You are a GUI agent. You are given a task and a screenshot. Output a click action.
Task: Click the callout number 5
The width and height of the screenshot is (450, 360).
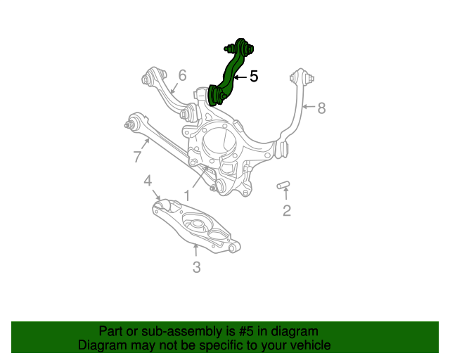tap(254, 77)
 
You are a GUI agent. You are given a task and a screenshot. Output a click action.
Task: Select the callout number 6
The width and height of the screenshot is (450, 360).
tap(182, 75)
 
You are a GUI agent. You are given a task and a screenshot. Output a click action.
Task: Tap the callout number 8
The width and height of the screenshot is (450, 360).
tap(321, 108)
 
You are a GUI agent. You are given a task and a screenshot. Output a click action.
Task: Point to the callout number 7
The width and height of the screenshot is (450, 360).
tap(137, 157)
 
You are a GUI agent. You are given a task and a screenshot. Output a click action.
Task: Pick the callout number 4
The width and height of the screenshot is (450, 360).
tap(148, 181)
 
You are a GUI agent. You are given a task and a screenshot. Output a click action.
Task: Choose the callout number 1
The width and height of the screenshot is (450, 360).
tap(188, 195)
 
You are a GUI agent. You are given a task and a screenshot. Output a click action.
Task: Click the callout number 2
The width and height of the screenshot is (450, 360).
tap(287, 210)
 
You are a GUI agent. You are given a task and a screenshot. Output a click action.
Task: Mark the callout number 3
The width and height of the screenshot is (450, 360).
tap(196, 266)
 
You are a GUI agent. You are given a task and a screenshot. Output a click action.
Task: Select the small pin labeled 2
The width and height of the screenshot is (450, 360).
tap(284, 185)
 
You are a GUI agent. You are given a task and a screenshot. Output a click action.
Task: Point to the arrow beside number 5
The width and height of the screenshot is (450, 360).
tap(240, 77)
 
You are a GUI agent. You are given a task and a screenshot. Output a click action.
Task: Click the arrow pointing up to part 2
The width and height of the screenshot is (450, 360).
tap(286, 195)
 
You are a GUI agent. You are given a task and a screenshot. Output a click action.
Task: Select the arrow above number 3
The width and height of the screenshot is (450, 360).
tap(196, 249)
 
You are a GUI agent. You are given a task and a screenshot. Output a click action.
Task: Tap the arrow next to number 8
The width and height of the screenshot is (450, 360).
tap(309, 107)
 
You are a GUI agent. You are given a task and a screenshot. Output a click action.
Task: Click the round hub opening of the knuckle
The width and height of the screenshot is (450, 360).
tap(217, 141)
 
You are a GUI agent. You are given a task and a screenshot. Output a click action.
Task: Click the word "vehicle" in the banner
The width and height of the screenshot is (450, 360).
tap(307, 345)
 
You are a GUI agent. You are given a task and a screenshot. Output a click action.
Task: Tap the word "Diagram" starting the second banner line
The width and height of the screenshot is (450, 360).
tap(101, 345)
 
